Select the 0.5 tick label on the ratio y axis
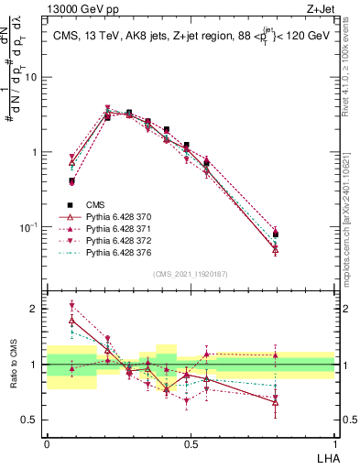pos(32,420)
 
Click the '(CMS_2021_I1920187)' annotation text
pos(190,274)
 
